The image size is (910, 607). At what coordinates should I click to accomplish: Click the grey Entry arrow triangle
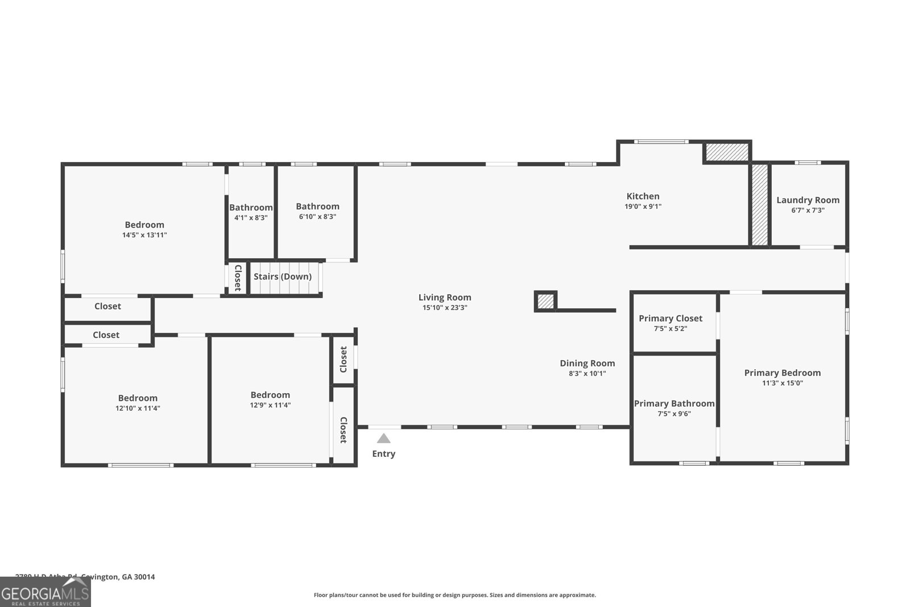[x=384, y=439]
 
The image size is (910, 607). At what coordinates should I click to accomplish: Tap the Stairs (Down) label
[x=282, y=276]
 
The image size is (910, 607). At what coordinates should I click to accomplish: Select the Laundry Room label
[x=808, y=200]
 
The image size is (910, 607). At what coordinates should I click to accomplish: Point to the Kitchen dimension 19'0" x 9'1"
[x=643, y=207]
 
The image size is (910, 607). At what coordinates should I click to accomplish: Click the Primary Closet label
[x=670, y=319]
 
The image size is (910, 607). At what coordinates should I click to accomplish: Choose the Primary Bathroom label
[x=674, y=403]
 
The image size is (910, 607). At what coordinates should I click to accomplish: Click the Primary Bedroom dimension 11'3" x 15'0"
[x=782, y=383]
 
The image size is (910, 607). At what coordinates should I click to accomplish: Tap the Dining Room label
[x=587, y=364]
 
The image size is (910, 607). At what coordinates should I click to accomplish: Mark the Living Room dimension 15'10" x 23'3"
[x=444, y=308]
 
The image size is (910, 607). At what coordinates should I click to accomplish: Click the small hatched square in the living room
[x=545, y=301]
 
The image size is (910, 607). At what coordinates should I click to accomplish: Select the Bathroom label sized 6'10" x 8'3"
[x=317, y=207]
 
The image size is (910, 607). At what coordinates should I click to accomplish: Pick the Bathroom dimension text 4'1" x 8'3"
[x=251, y=217]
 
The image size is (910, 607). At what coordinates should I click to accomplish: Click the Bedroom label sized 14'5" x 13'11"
[x=144, y=225]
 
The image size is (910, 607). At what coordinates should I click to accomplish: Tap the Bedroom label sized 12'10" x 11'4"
[x=138, y=398]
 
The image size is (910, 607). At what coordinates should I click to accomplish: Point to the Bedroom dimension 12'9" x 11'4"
[x=270, y=405]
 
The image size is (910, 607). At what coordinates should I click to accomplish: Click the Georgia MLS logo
[x=45, y=592]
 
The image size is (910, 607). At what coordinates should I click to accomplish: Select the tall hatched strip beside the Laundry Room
[x=759, y=205]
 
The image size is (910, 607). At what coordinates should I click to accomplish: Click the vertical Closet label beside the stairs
[x=238, y=278]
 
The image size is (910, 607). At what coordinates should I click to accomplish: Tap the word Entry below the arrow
[x=383, y=453]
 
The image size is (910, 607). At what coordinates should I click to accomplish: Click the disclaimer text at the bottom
[x=454, y=595]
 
